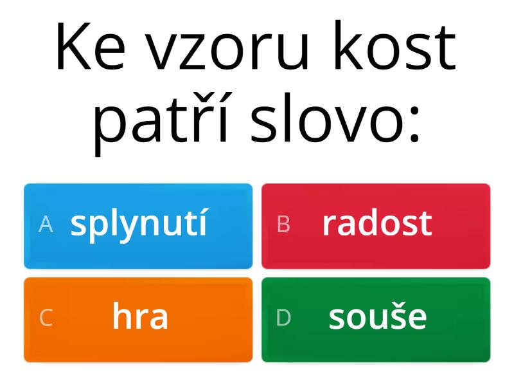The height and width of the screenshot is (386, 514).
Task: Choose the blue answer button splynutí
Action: (138, 226)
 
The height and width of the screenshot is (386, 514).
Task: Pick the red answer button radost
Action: (376, 226)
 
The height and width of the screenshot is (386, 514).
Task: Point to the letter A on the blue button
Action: (46, 224)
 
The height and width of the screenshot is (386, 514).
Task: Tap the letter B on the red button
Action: (283, 224)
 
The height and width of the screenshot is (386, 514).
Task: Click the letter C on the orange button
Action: (46, 318)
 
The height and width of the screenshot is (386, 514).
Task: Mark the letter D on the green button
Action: (283, 318)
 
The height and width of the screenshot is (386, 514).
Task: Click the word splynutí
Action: (139, 224)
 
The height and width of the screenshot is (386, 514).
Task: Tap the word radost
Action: (377, 223)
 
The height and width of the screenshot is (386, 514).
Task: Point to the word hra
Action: (140, 317)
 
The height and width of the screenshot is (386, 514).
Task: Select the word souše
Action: (378, 317)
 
